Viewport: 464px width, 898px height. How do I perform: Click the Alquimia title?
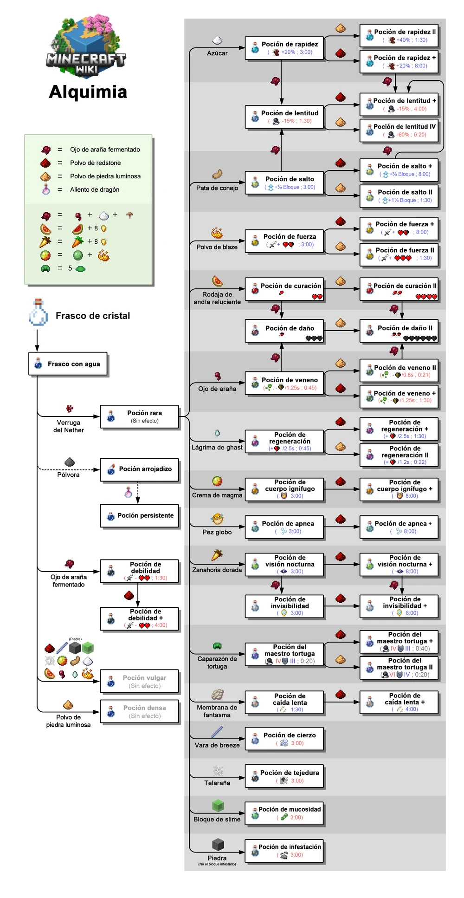coord(88,92)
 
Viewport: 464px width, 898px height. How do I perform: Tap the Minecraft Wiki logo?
coord(86,46)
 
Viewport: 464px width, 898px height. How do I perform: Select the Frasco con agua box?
coord(68,364)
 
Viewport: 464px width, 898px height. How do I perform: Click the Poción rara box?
coord(139,416)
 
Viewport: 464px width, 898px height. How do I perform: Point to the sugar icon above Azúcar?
coord(217,41)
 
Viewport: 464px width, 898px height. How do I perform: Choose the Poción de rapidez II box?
coord(399,36)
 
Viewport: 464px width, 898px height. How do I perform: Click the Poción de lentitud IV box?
coord(399,130)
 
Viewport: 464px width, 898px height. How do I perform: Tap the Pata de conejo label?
coord(217,188)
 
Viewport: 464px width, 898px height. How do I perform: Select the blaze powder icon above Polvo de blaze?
coord(217,233)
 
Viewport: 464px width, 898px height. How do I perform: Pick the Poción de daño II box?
coord(399,331)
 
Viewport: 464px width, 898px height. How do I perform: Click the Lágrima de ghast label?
coord(217,448)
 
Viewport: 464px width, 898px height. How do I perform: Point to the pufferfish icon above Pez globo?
coord(217,519)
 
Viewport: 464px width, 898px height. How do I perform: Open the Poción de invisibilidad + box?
coord(399,606)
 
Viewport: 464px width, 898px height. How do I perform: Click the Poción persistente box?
coord(140,516)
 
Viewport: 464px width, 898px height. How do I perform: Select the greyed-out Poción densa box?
coord(140,711)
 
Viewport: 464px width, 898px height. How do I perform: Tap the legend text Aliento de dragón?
coord(95,189)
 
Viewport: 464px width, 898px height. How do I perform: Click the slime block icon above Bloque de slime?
coord(218,806)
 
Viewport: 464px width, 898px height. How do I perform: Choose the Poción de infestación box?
coord(284,851)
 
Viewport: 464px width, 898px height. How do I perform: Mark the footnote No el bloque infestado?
coord(217,865)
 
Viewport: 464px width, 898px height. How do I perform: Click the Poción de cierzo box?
coord(284,739)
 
